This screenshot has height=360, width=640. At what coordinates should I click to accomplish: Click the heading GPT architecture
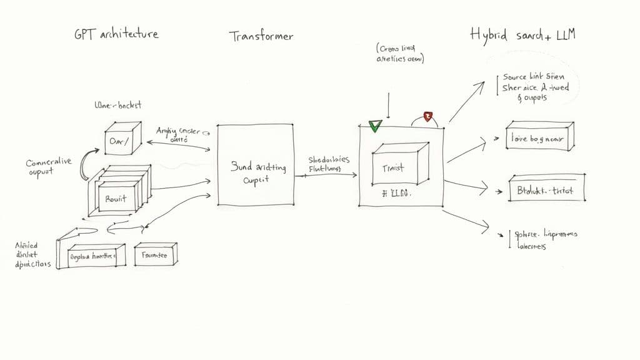[x=116, y=33]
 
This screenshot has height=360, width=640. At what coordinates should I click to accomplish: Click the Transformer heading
[x=261, y=36]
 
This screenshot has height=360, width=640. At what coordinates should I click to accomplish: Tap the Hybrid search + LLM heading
[x=522, y=34]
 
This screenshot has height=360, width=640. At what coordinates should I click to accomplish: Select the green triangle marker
[x=375, y=126]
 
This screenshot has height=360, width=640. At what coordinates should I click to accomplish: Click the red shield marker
[x=428, y=116]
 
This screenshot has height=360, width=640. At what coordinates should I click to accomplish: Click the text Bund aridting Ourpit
[x=255, y=173]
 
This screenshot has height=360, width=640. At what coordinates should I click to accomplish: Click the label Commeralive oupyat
[x=49, y=167]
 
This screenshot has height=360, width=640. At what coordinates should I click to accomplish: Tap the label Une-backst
[x=117, y=106]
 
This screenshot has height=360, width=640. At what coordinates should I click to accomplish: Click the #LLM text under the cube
[x=395, y=194]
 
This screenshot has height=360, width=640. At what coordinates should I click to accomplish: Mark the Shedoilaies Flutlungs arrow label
[x=329, y=164]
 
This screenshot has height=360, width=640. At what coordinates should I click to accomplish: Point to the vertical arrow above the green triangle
[x=389, y=105]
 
